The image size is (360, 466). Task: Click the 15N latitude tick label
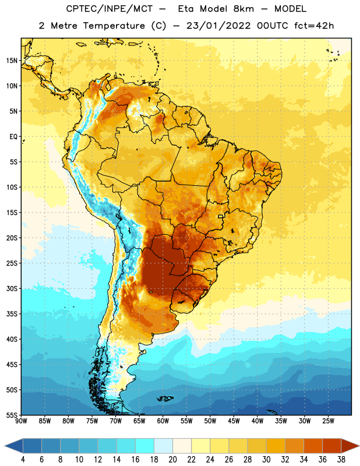coord(12,61)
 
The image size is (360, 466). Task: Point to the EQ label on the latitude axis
coord(13,137)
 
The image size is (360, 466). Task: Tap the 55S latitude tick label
coord(12,415)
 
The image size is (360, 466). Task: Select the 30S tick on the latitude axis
coord(12,288)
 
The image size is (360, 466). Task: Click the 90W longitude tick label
coord(21,421)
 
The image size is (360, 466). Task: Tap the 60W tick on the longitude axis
coord(163,421)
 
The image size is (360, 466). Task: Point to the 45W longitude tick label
coord(234,421)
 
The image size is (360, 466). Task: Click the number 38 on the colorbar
coord(341,460)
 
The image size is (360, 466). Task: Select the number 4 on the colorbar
coord(23,460)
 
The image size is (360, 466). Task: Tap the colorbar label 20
coord(172,460)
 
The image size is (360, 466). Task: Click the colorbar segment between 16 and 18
coord(145,446)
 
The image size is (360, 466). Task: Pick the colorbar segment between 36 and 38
coord(332,446)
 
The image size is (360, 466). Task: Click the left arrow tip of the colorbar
coord(5,446)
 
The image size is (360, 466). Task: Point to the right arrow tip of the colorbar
coord(359,446)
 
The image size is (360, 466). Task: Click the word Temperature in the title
coord(114,26)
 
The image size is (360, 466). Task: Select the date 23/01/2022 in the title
coord(218,26)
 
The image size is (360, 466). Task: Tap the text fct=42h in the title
coord(314,26)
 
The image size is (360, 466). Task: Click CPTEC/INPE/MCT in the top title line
coord(109,9)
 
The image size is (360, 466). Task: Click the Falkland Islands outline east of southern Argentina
coord(165,398)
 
